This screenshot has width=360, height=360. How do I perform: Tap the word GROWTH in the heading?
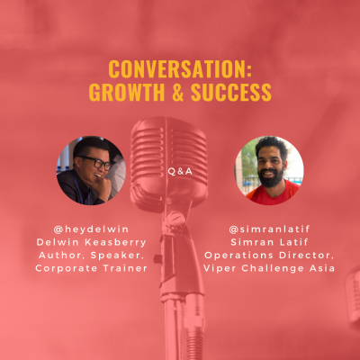127,92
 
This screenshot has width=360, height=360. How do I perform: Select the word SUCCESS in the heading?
231,92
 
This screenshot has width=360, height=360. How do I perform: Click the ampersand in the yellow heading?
178,92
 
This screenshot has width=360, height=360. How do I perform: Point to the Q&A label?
180,171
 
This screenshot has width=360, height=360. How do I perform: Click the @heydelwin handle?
91,229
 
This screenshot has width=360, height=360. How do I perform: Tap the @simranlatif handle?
269,229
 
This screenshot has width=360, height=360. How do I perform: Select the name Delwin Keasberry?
91,242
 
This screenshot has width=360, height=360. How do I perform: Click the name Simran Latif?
269,242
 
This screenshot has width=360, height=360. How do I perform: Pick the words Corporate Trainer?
91,268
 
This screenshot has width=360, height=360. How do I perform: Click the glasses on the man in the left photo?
95,162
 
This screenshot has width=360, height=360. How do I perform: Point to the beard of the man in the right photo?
270,179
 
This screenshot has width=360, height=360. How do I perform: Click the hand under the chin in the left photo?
101,187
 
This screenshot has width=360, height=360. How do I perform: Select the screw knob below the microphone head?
175,218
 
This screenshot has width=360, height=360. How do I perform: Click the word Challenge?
273,268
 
